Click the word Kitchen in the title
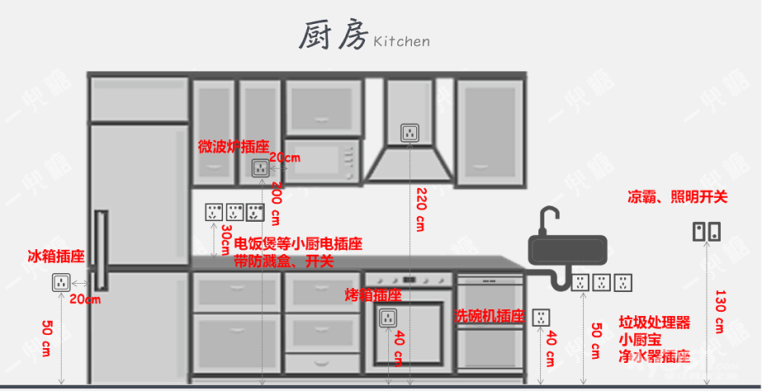(x=401, y=41)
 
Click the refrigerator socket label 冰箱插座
(x=56, y=257)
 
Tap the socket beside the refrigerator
(x=60, y=283)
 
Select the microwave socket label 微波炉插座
(x=234, y=146)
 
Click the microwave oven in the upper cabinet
(x=323, y=159)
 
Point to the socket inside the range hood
(x=410, y=132)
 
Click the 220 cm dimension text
(x=420, y=210)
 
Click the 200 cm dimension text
(x=279, y=203)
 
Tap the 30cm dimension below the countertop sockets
(x=225, y=239)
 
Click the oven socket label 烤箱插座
(x=372, y=294)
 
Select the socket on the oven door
(x=388, y=317)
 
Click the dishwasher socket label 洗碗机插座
(x=490, y=316)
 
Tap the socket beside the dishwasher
(x=542, y=317)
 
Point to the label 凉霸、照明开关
(x=677, y=197)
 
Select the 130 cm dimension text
(x=719, y=312)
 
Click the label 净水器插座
(x=654, y=356)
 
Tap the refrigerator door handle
(x=101, y=247)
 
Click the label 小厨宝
(x=642, y=339)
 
